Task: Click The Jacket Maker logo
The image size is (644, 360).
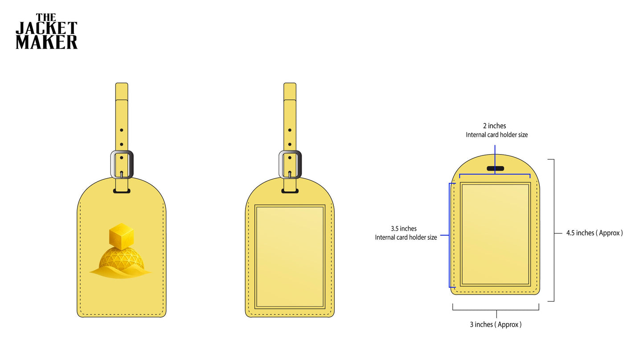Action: [x=47, y=31]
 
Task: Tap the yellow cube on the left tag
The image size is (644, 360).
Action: [x=121, y=236]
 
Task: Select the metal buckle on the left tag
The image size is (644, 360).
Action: [x=122, y=164]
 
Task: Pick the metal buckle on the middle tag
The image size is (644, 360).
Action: [x=290, y=164]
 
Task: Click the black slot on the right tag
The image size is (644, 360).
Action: [x=495, y=168]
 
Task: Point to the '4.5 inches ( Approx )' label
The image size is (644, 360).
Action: [x=595, y=233]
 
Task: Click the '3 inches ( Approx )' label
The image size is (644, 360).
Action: [x=496, y=325]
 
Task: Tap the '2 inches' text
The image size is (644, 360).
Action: [x=495, y=126]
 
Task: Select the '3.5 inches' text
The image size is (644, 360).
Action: [x=404, y=229]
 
